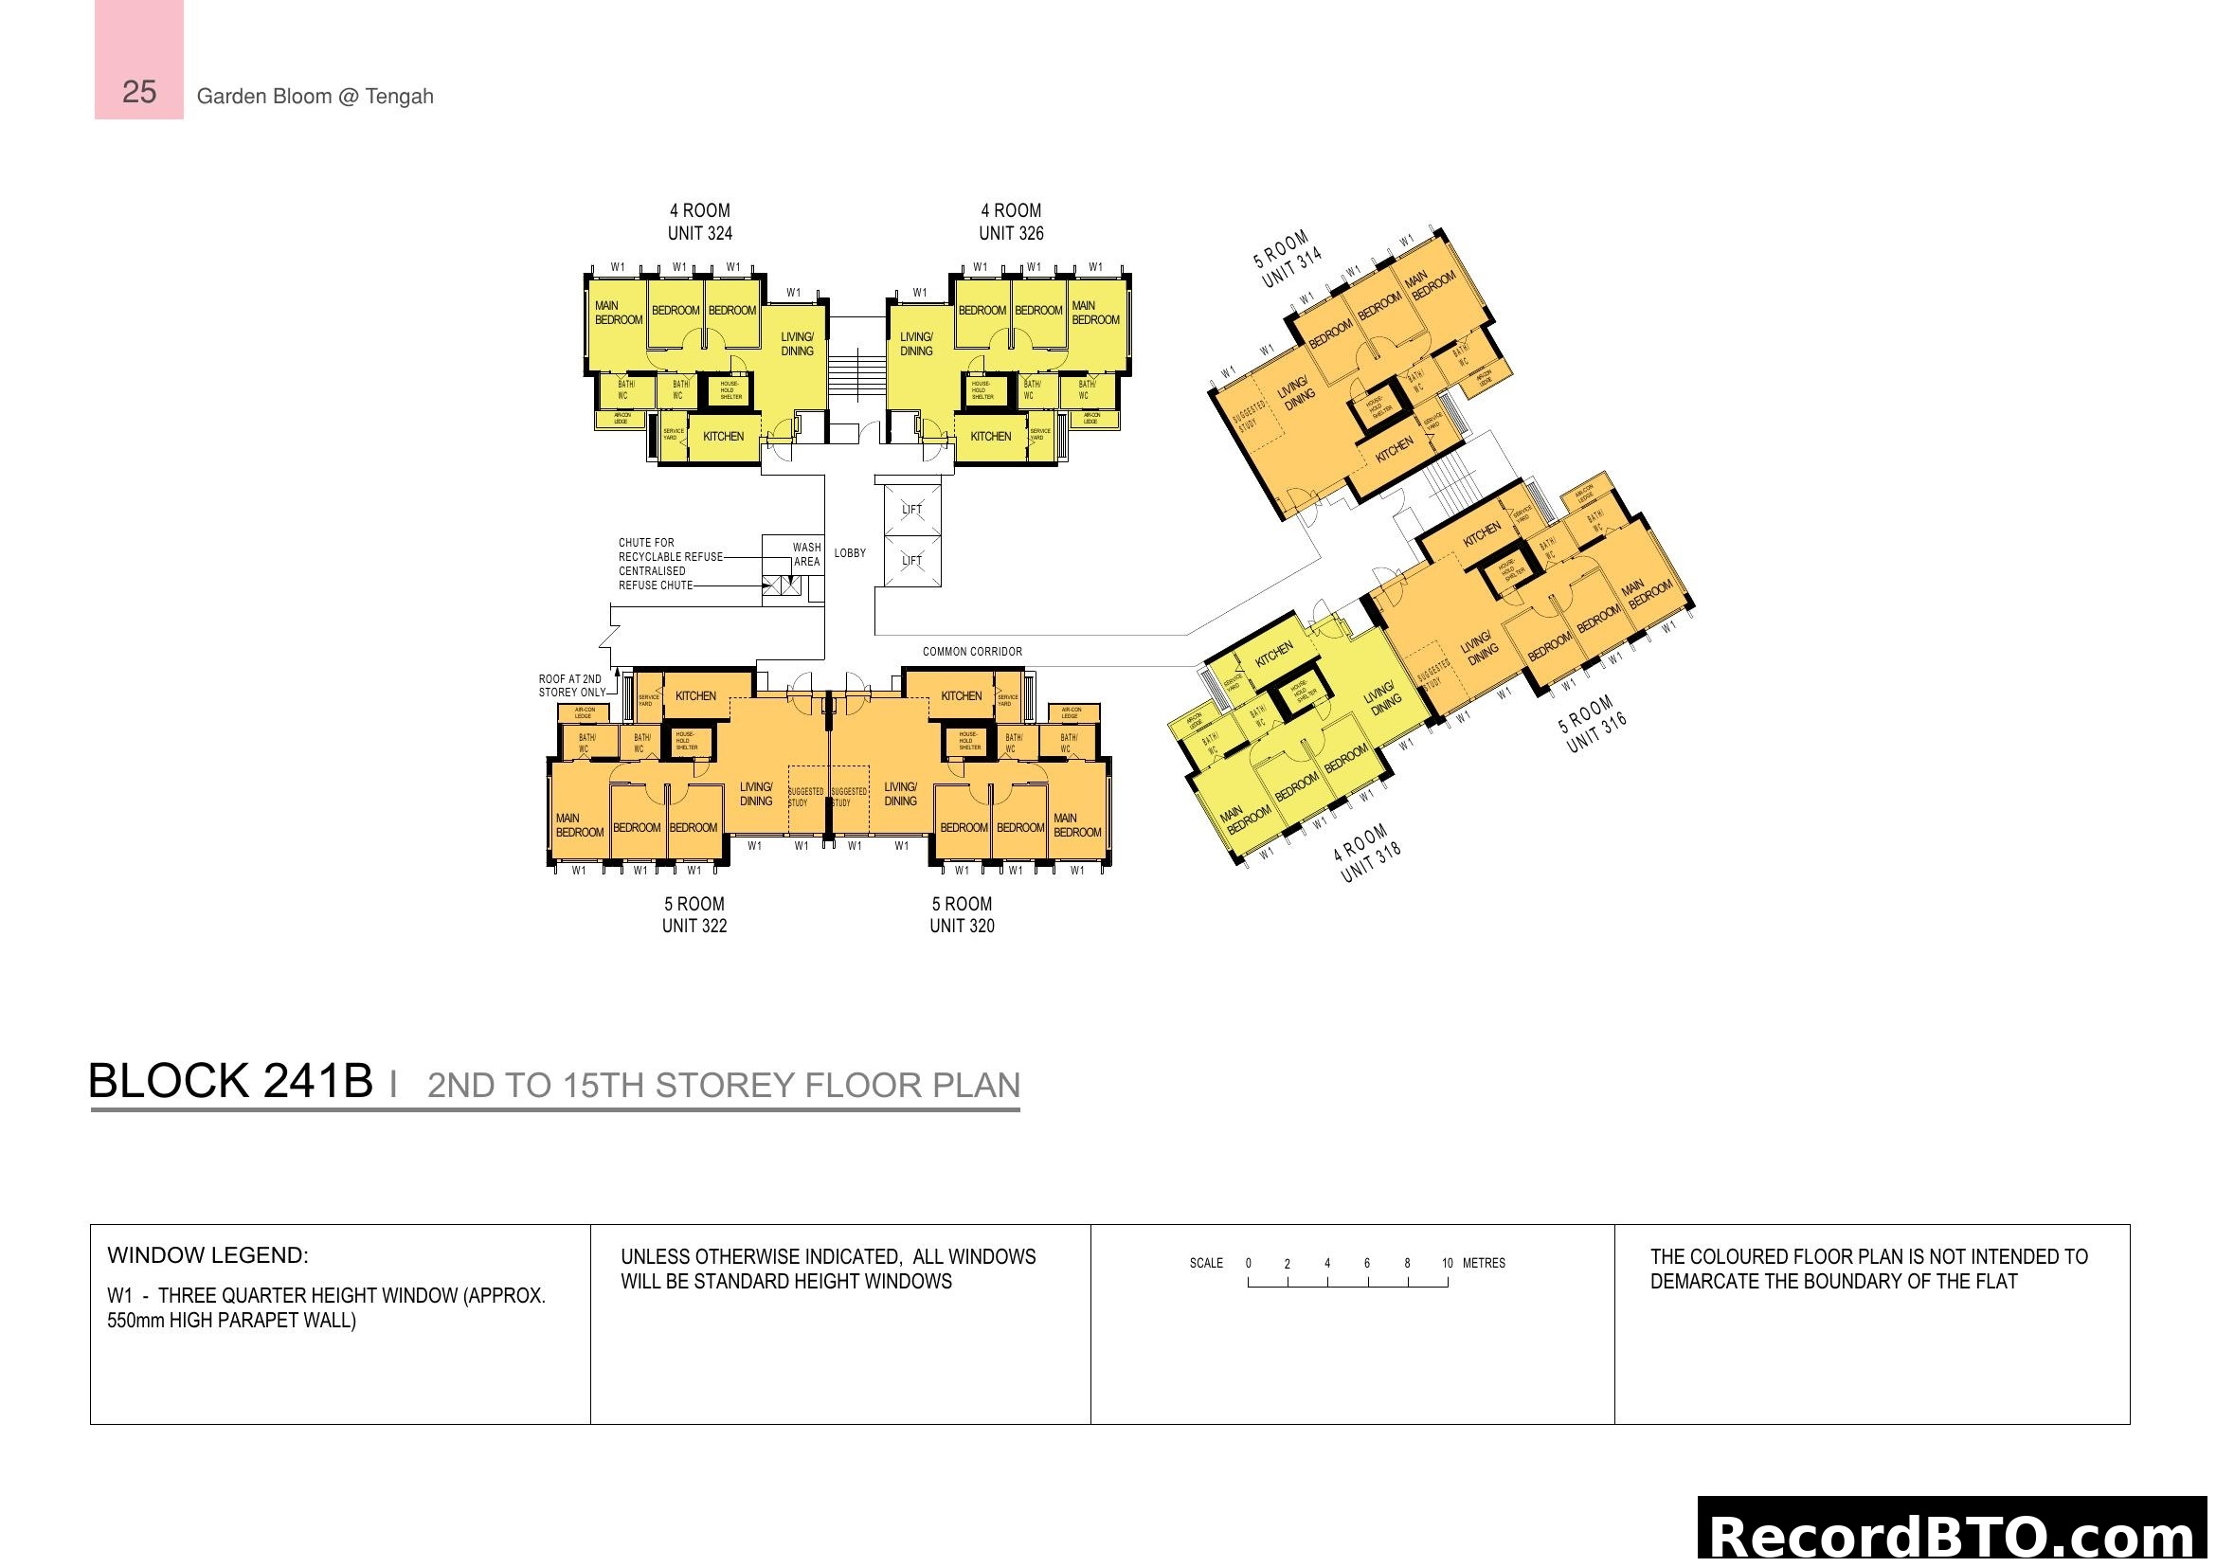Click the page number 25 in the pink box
[x=139, y=92]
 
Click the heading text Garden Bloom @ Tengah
[x=315, y=97]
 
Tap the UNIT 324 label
[x=700, y=233]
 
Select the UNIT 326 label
[x=1011, y=233]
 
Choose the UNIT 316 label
[x=1596, y=732]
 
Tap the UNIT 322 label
[x=694, y=927]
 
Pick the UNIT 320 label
[x=962, y=927]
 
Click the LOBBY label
[x=849, y=553]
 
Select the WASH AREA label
[x=806, y=554]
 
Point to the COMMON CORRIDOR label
[x=971, y=651]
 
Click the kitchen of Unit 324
[x=723, y=436]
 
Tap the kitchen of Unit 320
[x=961, y=695]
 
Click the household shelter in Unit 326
[x=982, y=389]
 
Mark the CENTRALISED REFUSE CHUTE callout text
[x=655, y=578]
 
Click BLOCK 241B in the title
[x=229, y=1081]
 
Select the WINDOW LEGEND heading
[x=207, y=1255]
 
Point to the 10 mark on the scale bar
[x=1447, y=1264]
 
